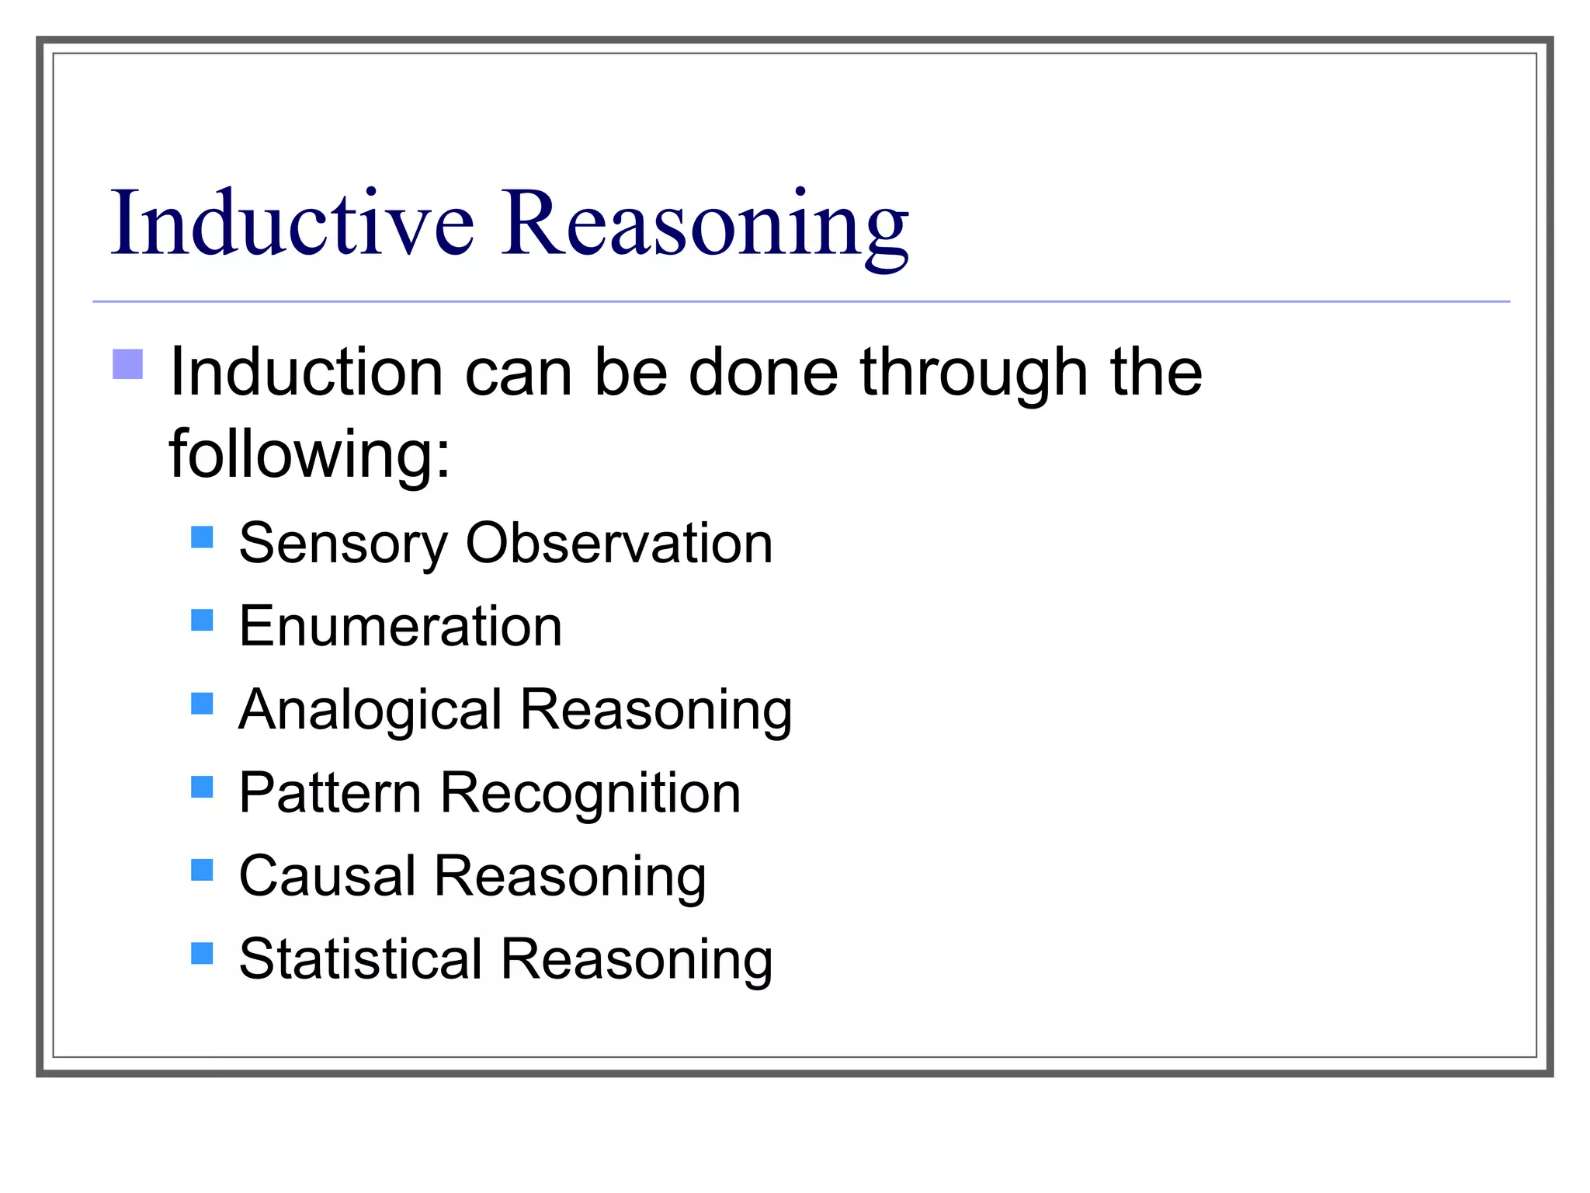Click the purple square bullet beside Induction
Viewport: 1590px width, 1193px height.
click(x=128, y=363)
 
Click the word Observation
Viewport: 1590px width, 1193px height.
click(x=619, y=543)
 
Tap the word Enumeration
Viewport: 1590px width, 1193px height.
click(x=400, y=626)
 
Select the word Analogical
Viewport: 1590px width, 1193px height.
click(x=370, y=711)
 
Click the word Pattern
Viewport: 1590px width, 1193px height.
click(x=330, y=793)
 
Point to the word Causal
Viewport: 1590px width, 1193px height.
click(x=327, y=876)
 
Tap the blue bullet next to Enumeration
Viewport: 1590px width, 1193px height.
click(x=202, y=620)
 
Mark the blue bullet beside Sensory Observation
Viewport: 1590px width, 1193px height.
click(x=202, y=537)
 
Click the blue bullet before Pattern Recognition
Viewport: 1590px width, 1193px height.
click(x=202, y=787)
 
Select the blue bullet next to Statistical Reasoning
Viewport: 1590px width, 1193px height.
click(x=202, y=953)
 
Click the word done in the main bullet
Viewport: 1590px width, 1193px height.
click(x=763, y=373)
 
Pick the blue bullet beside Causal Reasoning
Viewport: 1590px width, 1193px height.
click(x=202, y=870)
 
